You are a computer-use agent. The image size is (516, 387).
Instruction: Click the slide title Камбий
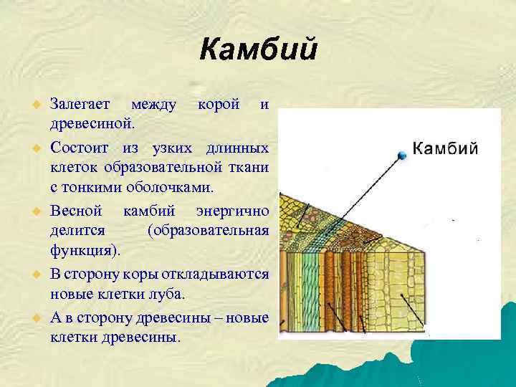click(258, 50)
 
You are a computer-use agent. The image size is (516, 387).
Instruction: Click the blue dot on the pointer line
click(403, 155)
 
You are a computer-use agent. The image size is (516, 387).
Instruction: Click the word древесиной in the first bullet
click(90, 123)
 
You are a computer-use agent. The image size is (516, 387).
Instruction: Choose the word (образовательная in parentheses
click(208, 230)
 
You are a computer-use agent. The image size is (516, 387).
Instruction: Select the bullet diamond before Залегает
click(33, 105)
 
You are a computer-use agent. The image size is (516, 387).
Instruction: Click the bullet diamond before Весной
click(33, 212)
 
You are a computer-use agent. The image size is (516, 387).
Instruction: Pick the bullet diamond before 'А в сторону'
click(33, 318)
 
